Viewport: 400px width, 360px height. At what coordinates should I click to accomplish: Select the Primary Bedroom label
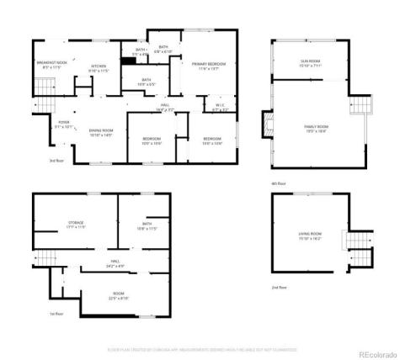click(205, 66)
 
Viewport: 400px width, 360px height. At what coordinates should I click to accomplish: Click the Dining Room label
click(102, 131)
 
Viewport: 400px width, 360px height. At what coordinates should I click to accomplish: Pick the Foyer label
click(63, 124)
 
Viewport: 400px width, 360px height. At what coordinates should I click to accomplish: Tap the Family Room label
click(316, 127)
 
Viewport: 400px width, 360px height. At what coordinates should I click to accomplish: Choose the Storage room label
click(76, 224)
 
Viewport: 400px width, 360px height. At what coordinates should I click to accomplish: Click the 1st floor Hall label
click(115, 262)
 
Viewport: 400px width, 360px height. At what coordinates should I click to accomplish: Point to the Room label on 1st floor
click(118, 295)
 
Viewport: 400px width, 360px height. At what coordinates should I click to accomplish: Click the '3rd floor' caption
click(56, 160)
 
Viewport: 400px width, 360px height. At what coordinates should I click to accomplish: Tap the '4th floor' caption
click(279, 183)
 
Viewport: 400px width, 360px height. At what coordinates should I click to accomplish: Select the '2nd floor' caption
click(279, 288)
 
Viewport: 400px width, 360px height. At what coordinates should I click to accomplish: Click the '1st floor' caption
click(56, 313)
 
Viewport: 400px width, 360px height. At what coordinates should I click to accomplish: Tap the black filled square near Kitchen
click(129, 60)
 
